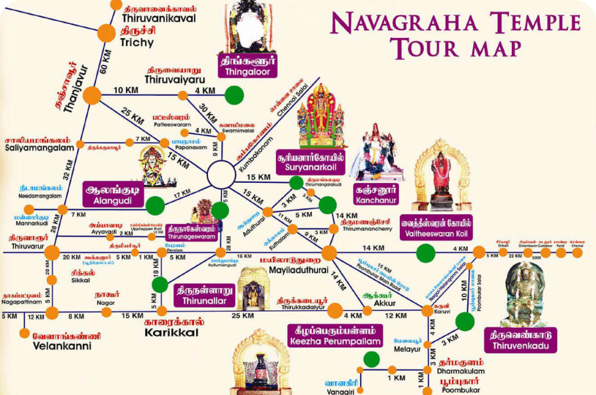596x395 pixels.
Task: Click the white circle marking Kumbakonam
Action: coord(221,176)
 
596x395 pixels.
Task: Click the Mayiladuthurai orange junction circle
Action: coord(329,253)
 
